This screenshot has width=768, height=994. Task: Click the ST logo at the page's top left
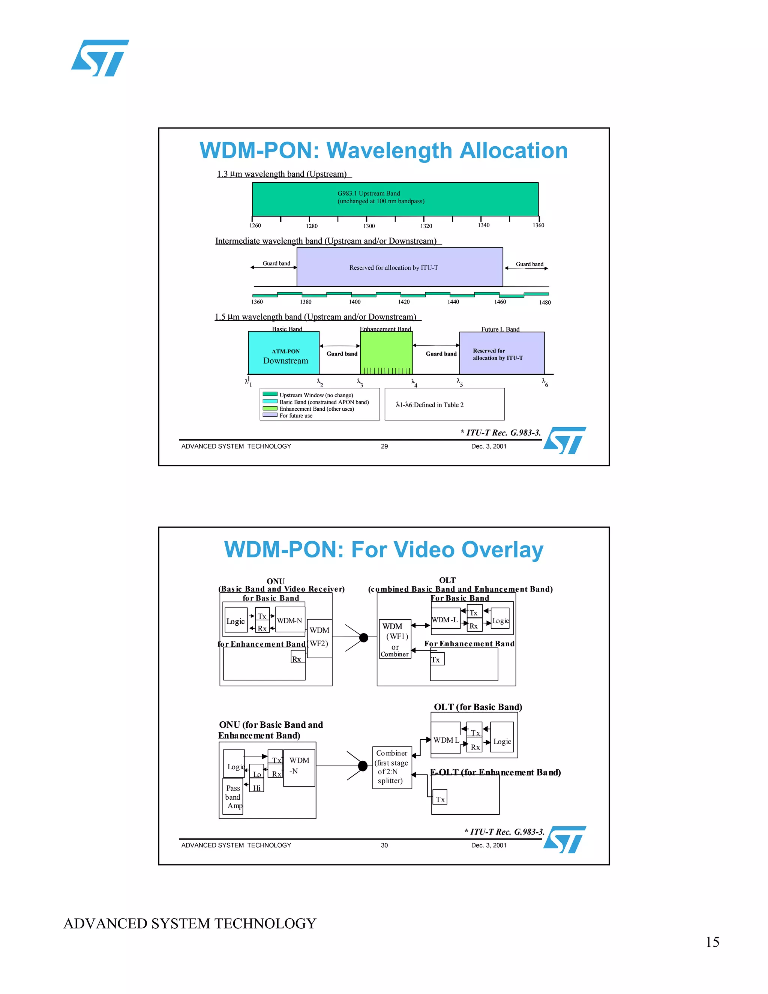pyautogui.click(x=100, y=58)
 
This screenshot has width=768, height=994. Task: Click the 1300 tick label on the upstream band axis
pyautogui.click(x=369, y=226)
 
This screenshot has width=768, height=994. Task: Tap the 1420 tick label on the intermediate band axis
pyautogui.click(x=403, y=302)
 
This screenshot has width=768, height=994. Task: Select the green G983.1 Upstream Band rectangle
pyautogui.click(x=395, y=199)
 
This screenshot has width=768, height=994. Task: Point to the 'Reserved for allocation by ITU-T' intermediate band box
pyautogui.click(x=399, y=267)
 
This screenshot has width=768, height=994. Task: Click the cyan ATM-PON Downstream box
pyautogui.click(x=283, y=353)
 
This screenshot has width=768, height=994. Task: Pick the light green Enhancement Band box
pyautogui.click(x=386, y=353)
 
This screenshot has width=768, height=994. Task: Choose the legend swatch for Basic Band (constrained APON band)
pyautogui.click(x=270, y=401)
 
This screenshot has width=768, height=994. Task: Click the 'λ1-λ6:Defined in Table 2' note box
pyautogui.click(x=444, y=404)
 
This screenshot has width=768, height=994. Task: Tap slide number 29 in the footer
pyautogui.click(x=384, y=446)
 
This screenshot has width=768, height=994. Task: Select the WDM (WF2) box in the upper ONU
pyautogui.click(x=319, y=638)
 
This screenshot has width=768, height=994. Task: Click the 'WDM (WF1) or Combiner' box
pyautogui.click(x=395, y=639)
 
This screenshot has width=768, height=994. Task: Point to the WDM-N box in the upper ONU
pyautogui.click(x=290, y=620)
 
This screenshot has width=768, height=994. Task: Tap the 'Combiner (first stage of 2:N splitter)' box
pyautogui.click(x=392, y=767)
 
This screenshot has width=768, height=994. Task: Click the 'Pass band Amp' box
pyautogui.click(x=233, y=796)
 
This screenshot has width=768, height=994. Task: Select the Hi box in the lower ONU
pyautogui.click(x=257, y=787)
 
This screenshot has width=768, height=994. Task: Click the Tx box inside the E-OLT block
pyautogui.click(x=440, y=799)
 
